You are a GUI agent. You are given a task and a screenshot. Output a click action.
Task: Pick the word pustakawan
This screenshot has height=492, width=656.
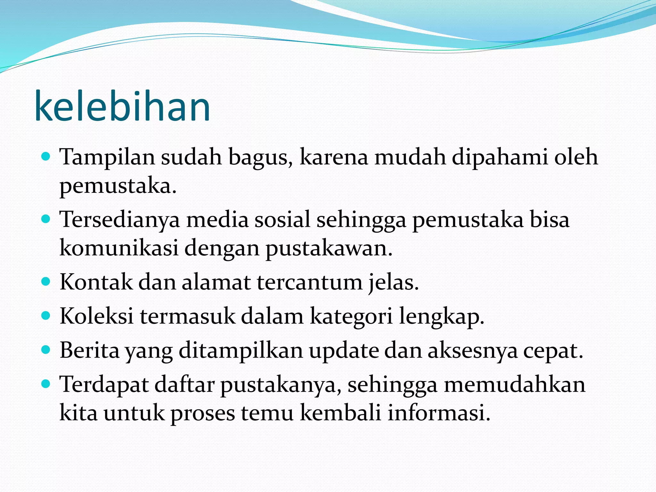[x=329, y=249]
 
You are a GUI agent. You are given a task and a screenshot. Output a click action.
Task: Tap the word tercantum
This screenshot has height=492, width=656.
[x=309, y=282]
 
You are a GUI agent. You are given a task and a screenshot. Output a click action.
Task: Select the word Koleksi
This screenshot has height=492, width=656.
[x=96, y=316]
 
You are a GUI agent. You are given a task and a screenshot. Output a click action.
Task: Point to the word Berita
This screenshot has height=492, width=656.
[x=89, y=350]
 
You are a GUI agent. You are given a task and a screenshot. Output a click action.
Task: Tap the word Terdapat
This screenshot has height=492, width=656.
[x=104, y=385]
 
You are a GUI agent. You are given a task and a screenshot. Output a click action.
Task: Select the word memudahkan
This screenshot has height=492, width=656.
[x=514, y=384]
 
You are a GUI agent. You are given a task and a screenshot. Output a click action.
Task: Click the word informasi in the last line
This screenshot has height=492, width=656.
[x=439, y=413]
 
